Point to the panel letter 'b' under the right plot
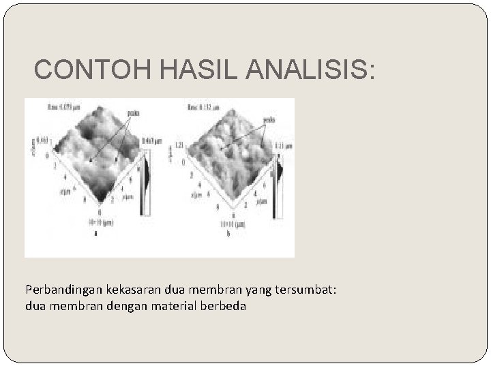tap(228, 232)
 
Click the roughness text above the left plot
tap(65, 106)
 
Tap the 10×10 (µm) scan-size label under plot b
tap(228, 224)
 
